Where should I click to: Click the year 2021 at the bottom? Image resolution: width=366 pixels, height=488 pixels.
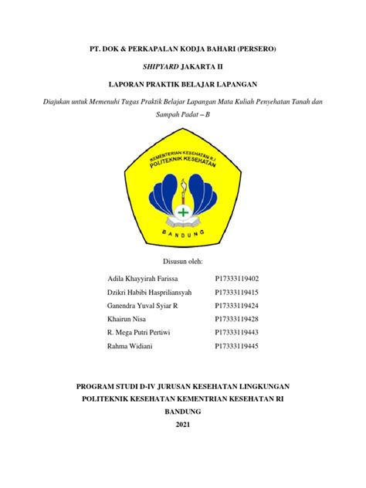click(x=182, y=425)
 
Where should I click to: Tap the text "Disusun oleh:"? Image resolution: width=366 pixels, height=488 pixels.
click(x=182, y=263)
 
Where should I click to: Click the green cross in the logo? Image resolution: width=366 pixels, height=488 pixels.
click(x=183, y=211)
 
